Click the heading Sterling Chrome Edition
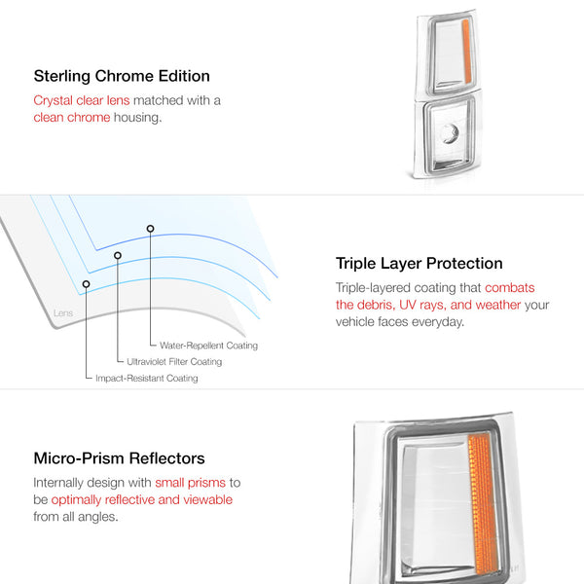(x=122, y=76)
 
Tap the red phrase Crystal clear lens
(x=82, y=100)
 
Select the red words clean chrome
(x=72, y=118)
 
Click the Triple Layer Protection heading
(x=419, y=264)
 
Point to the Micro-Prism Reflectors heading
(x=119, y=458)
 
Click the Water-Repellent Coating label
(x=208, y=346)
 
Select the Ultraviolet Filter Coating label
(x=174, y=362)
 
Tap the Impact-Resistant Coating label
(x=147, y=378)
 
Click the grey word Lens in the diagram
(x=63, y=312)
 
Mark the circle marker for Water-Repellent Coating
(x=150, y=229)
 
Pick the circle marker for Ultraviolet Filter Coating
(x=118, y=255)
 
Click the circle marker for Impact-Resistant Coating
(x=86, y=284)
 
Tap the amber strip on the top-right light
(x=466, y=52)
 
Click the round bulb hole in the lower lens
(x=451, y=133)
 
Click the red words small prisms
(x=191, y=483)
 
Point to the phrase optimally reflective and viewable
(x=142, y=500)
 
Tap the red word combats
(x=510, y=288)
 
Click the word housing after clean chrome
(x=138, y=118)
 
